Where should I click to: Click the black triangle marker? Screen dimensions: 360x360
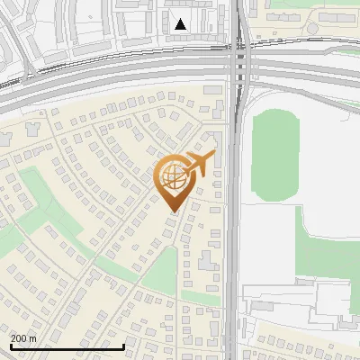(x=181, y=24)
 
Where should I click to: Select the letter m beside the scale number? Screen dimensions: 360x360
(x=33, y=338)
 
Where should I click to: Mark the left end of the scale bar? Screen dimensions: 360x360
(x=11, y=346)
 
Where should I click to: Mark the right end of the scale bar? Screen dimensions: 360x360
(x=123, y=346)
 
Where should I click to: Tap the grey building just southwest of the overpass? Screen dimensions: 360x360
(x=212, y=90)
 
